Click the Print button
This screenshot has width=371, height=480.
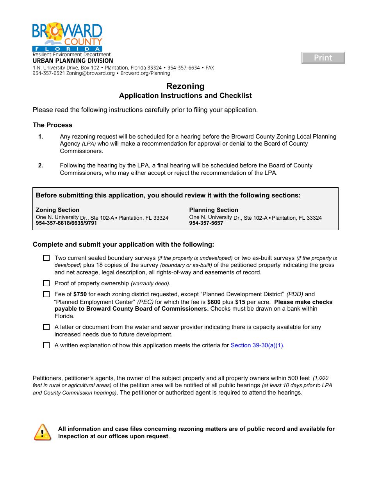[x=323, y=58]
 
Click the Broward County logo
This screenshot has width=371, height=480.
[x=67, y=37]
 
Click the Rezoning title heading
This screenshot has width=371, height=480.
[x=185, y=86]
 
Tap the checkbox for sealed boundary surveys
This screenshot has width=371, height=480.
[x=46, y=258]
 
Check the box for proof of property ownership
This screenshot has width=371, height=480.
[x=46, y=283]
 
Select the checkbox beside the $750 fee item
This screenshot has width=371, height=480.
[x=46, y=294]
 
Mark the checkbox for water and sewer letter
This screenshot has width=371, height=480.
[x=46, y=327]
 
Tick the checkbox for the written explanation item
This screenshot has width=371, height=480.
[x=46, y=345]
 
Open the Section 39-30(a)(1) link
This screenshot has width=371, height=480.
[x=257, y=345]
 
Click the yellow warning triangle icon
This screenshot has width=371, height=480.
[x=43, y=432]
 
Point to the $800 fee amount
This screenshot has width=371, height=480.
[x=214, y=302]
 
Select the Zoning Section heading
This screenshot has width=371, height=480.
[x=57, y=210]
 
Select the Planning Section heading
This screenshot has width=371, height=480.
[x=214, y=210]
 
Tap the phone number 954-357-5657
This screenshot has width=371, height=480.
[x=206, y=223]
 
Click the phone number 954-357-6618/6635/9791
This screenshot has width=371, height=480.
[x=66, y=223]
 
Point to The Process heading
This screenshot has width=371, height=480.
[x=52, y=125]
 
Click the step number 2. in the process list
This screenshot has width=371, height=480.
[x=41, y=165]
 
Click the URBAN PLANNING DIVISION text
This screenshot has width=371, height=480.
[x=73, y=61]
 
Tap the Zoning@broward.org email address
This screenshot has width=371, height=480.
[x=90, y=73]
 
